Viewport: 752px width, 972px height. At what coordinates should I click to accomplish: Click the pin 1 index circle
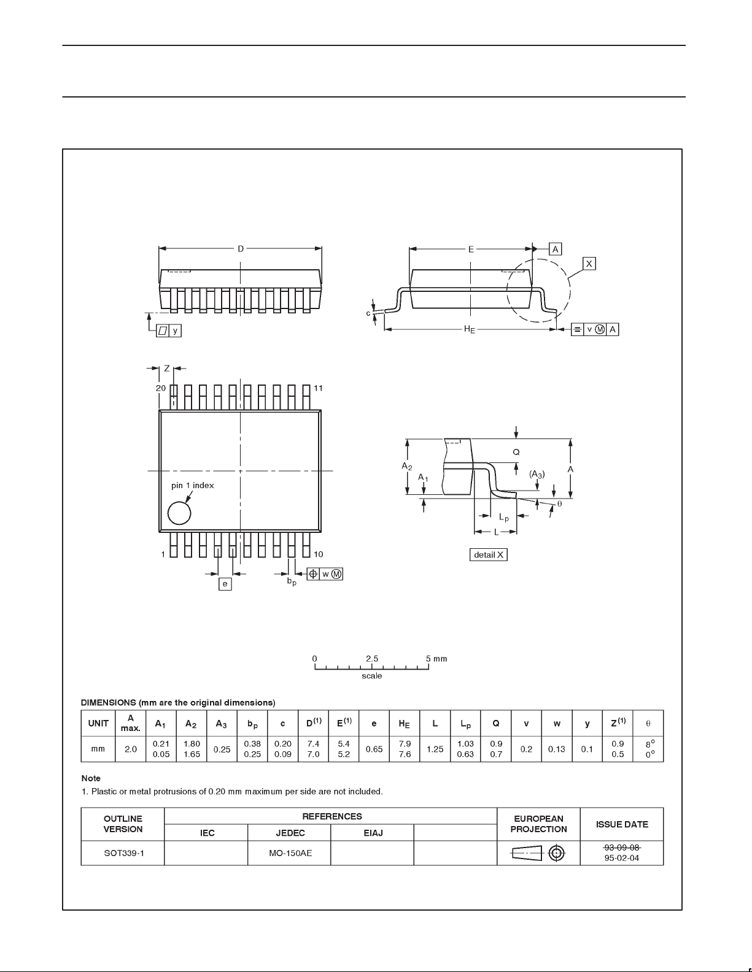pyautogui.click(x=179, y=513)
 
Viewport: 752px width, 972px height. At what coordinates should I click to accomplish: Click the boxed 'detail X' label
pyautogui.click(x=489, y=554)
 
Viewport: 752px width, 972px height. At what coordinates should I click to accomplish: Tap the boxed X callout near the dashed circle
pyautogui.click(x=589, y=263)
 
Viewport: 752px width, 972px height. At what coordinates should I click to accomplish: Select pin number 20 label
pyautogui.click(x=160, y=388)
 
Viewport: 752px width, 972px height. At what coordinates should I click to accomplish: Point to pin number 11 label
pyautogui.click(x=318, y=388)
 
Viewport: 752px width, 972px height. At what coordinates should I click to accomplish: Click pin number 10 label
pyautogui.click(x=318, y=554)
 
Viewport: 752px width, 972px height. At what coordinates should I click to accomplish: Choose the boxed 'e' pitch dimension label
pyautogui.click(x=225, y=584)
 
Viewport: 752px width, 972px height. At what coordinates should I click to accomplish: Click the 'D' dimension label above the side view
pyautogui.click(x=241, y=248)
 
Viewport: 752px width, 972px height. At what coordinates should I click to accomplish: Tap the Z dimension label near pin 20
pyautogui.click(x=166, y=369)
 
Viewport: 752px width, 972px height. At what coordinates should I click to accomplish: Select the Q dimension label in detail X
pyautogui.click(x=516, y=451)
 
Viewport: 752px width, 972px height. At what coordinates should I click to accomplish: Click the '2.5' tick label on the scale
pyautogui.click(x=372, y=659)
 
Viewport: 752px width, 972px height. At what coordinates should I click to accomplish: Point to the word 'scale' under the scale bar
pyautogui.click(x=372, y=676)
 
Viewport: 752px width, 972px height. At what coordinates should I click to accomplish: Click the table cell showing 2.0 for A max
pyautogui.click(x=131, y=749)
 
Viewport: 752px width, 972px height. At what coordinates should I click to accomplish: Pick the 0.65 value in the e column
pyautogui.click(x=374, y=749)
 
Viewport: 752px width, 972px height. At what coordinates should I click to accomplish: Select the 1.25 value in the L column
pyautogui.click(x=435, y=749)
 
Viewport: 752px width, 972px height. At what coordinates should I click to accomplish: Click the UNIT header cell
pyautogui.click(x=98, y=723)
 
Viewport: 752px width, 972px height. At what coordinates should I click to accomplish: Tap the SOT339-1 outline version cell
pyautogui.click(x=123, y=852)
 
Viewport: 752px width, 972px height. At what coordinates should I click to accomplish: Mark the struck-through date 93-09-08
pyautogui.click(x=621, y=847)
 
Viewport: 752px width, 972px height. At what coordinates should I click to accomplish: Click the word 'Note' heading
pyautogui.click(x=91, y=778)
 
